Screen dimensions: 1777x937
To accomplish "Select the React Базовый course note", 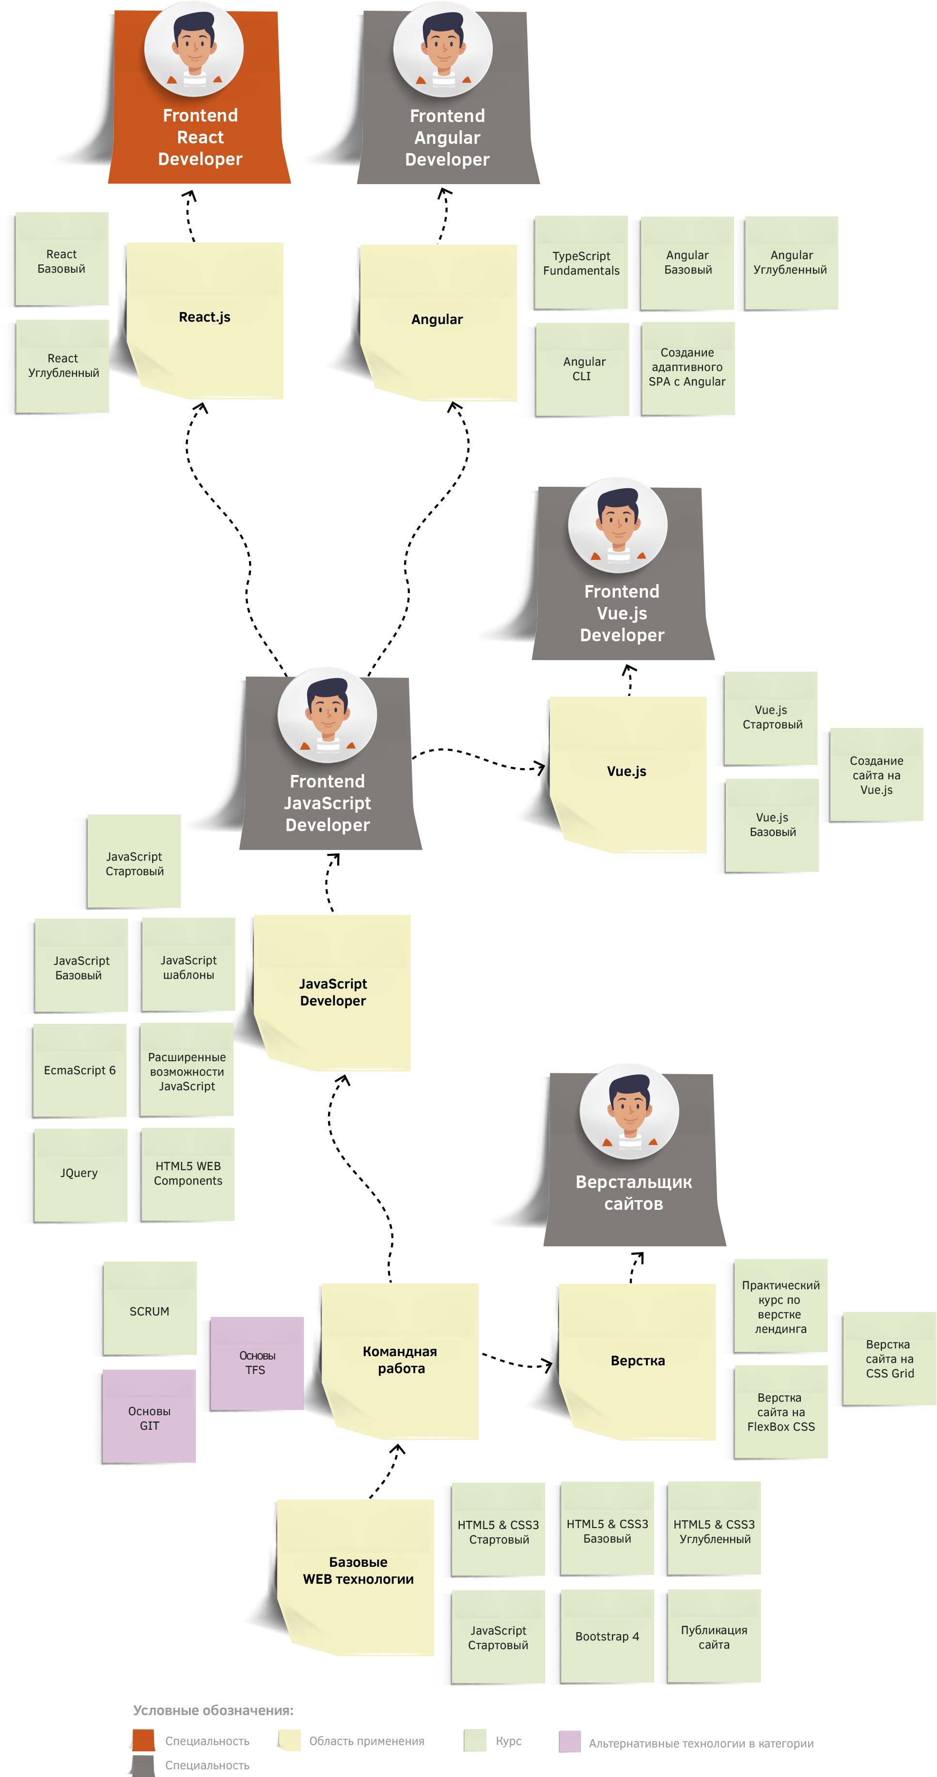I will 62,260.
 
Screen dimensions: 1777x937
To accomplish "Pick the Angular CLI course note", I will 583,369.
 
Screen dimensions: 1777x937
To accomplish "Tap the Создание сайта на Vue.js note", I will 876,774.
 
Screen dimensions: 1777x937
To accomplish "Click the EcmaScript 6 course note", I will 79,1070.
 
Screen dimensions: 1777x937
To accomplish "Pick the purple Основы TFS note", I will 257,1362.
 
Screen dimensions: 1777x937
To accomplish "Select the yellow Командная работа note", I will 400,1360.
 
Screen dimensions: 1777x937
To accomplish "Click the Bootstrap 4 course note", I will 607,1636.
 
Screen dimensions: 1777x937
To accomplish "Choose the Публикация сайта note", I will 714,1636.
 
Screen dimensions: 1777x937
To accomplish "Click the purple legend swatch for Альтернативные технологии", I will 569,1741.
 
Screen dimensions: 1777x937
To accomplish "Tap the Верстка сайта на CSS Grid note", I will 890,1359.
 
